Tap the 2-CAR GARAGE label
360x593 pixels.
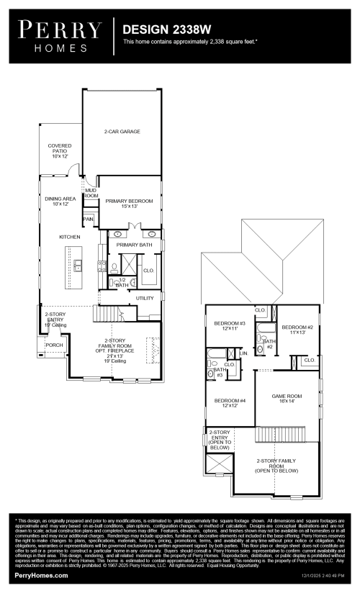tap(122, 132)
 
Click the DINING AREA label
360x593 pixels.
tap(60, 201)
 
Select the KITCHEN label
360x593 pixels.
tap(70, 237)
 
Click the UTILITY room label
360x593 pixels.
tap(145, 297)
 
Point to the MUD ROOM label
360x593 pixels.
tap(90, 193)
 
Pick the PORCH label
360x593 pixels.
tap(54, 345)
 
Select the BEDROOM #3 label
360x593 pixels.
tap(230, 326)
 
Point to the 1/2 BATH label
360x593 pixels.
tap(122, 283)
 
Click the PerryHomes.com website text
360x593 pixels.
tap(42, 576)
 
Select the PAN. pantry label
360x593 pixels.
tap(89, 219)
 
